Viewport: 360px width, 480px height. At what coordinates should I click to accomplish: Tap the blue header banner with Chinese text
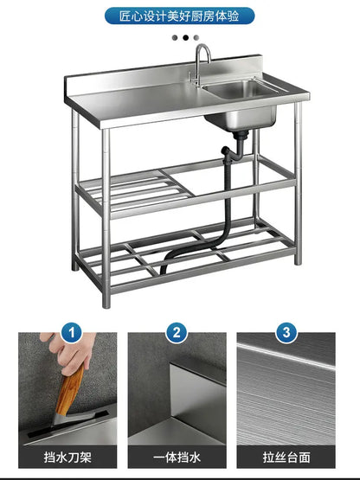179,16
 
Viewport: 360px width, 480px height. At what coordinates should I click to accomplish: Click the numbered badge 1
73,332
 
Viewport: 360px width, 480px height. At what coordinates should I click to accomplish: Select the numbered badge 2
177,332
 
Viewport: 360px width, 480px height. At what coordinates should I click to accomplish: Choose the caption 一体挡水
177,457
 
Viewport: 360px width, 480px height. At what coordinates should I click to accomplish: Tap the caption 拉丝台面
286,457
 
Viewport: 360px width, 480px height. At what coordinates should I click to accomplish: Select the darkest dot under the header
175,37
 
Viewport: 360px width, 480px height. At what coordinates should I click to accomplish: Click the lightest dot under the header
196,37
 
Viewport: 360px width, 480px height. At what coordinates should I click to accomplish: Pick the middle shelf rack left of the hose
130,189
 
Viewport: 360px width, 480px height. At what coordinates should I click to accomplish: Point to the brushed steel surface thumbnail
286,389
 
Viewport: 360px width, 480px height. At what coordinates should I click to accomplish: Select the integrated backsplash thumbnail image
177,389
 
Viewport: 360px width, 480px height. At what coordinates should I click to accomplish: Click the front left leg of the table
106,216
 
